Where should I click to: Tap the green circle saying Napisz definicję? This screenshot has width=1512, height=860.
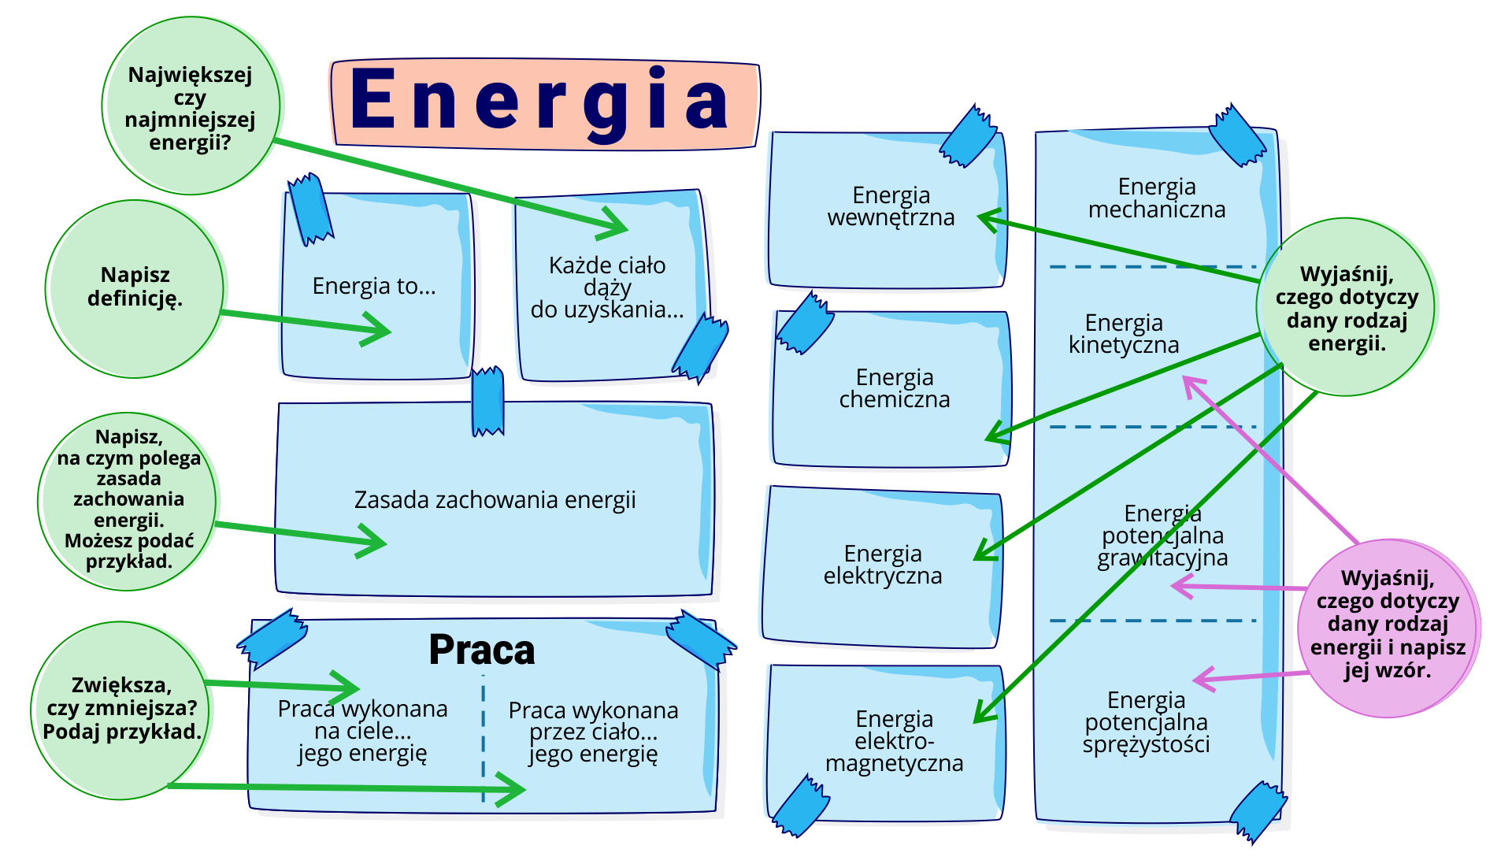pyautogui.click(x=135, y=287)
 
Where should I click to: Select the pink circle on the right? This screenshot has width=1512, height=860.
pyautogui.click(x=1388, y=628)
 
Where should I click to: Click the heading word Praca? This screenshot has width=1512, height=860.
pyautogui.click(x=482, y=651)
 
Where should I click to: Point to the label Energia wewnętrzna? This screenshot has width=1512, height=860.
pyautogui.click(x=891, y=206)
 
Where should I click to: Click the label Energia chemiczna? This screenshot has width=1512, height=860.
pyautogui.click(x=895, y=388)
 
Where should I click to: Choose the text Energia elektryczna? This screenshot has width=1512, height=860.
pyautogui.click(x=883, y=565)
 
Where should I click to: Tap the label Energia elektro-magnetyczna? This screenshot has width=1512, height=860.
pyautogui.click(x=895, y=741)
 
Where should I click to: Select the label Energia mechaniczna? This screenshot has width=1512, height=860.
pyautogui.click(x=1157, y=198)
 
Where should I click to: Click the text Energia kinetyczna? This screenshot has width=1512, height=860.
pyautogui.click(x=1124, y=334)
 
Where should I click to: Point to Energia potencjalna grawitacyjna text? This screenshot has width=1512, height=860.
pyautogui.click(x=1162, y=536)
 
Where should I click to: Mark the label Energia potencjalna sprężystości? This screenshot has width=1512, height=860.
pyautogui.click(x=1146, y=722)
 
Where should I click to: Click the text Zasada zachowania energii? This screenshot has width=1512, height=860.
pyautogui.click(x=495, y=500)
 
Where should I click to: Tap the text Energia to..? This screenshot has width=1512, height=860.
pyautogui.click(x=374, y=286)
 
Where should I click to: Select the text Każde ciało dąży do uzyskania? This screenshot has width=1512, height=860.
pyautogui.click(x=607, y=287)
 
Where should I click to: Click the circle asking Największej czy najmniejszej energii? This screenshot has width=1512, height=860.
pyautogui.click(x=190, y=108)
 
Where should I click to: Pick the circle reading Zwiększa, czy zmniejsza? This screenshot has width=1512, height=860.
pyautogui.click(x=121, y=709)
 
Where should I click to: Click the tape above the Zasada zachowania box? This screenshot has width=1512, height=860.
pyautogui.click(x=487, y=401)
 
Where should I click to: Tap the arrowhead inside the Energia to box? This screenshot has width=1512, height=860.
pyautogui.click(x=376, y=329)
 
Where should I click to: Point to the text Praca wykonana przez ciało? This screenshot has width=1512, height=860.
pyautogui.click(x=593, y=732)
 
